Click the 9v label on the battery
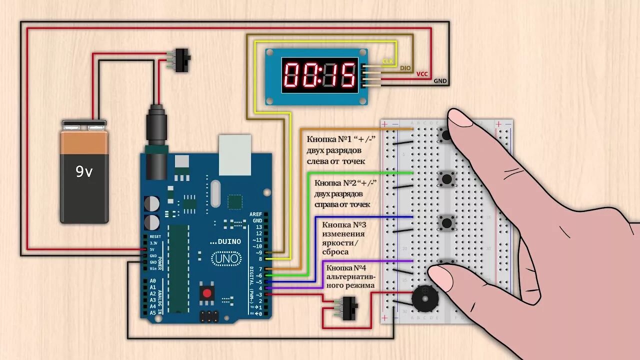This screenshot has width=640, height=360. coord(84,172)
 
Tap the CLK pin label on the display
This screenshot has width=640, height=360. coord(388,62)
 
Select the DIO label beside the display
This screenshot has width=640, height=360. coord(405,68)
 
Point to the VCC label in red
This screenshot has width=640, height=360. coord(422,74)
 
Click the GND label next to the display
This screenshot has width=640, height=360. coord(440,81)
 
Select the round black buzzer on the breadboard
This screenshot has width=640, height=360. coord(424,298)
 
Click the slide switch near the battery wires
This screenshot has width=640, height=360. coord(183,60)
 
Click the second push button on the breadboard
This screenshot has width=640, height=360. coord(446,177)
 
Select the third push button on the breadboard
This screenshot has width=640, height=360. coord(446,221)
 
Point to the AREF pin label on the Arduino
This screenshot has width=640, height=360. coord(255,214)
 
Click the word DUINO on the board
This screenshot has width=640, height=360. coord(229,241)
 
